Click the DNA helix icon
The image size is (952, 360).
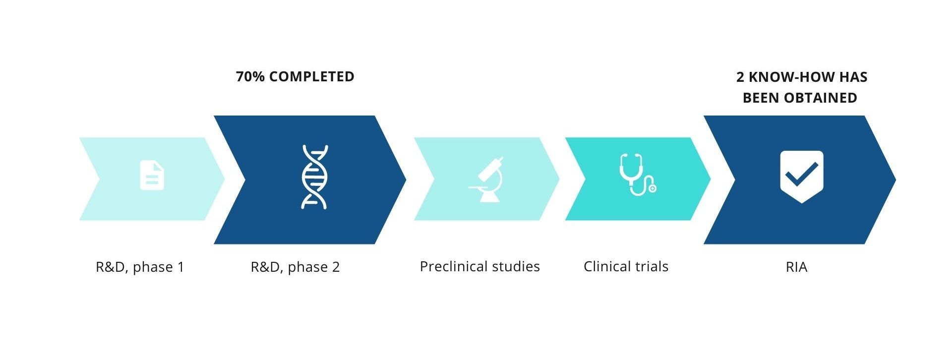(x=315, y=177)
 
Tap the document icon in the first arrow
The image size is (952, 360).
(x=152, y=175)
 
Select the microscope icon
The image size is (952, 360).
(x=486, y=180)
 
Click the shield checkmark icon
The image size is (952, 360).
(x=802, y=177)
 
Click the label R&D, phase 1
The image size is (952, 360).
(x=140, y=267)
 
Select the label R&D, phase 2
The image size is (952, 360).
(x=295, y=267)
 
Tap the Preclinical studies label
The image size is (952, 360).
(x=479, y=266)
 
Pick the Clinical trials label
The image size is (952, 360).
(x=626, y=266)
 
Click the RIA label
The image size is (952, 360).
(x=796, y=267)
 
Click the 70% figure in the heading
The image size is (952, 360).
(x=250, y=76)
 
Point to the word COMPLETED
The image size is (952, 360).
(x=312, y=76)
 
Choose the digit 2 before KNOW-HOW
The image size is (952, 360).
(x=740, y=77)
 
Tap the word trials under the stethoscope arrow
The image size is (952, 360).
(x=647, y=266)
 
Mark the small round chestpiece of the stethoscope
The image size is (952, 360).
(x=653, y=188)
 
